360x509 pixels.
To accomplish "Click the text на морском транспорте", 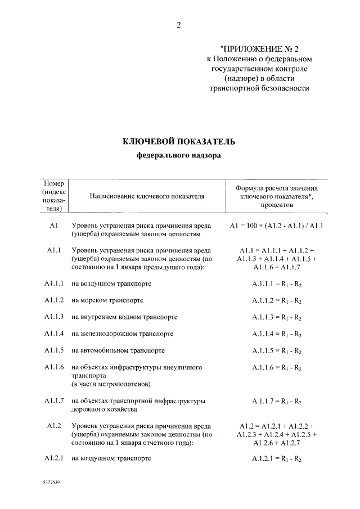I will tap(107, 301).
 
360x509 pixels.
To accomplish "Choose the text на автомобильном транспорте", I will tap(118, 351).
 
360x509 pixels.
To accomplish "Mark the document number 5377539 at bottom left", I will tap(51, 483).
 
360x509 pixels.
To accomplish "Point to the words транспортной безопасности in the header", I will tap(259, 88).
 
